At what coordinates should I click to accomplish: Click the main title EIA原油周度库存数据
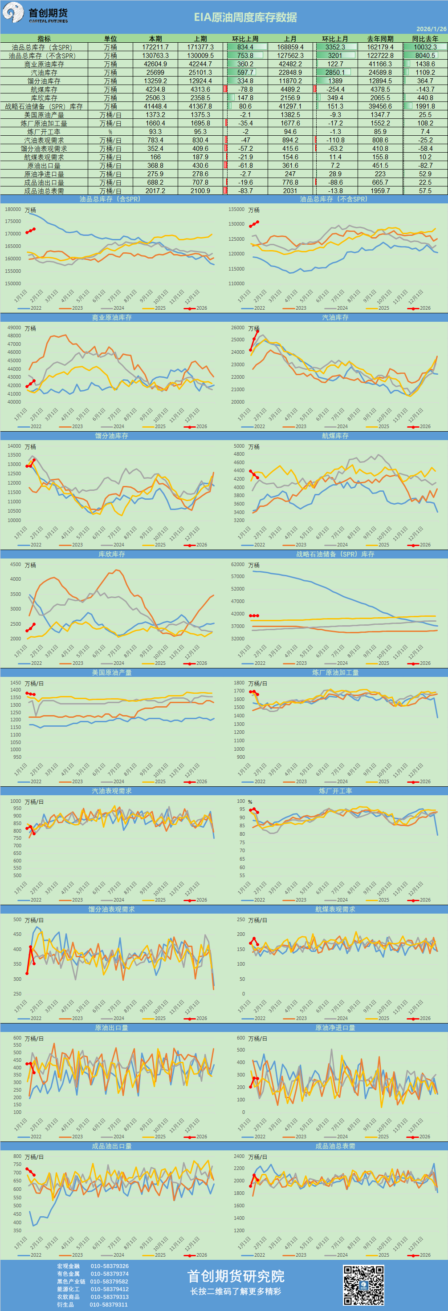(x=245, y=17)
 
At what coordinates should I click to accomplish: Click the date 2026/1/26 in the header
(x=431, y=29)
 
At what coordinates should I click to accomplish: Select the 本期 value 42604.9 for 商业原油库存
(x=155, y=64)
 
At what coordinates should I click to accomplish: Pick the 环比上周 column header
(x=245, y=39)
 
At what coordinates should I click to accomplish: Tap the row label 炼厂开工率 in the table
(x=44, y=132)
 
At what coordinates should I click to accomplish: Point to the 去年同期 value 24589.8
(x=380, y=72)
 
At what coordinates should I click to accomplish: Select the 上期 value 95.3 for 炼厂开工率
(x=200, y=132)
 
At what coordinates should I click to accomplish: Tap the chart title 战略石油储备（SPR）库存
(x=335, y=554)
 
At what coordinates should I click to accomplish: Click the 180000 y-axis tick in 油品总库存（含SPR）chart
(x=13, y=209)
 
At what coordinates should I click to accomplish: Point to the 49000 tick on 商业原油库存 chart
(x=14, y=328)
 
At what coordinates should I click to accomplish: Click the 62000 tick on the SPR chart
(x=238, y=564)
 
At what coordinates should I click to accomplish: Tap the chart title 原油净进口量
(x=335, y=1028)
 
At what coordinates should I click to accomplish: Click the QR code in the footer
(x=363, y=1285)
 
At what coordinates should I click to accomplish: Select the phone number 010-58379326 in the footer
(x=110, y=1266)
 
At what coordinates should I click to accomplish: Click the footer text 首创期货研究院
(x=236, y=1276)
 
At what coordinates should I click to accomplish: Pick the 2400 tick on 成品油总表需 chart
(x=239, y=1156)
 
